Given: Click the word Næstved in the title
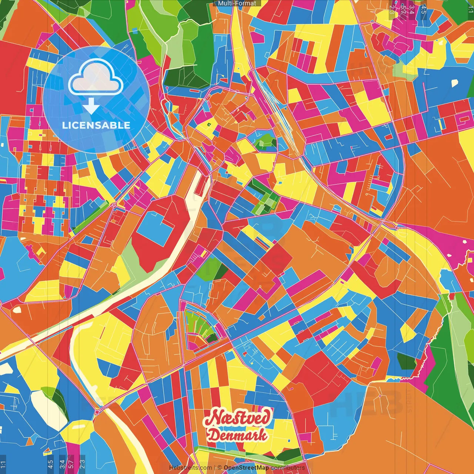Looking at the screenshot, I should coord(238,418).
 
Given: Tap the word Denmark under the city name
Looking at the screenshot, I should coord(237,435).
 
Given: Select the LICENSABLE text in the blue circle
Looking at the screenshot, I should coord(96,125).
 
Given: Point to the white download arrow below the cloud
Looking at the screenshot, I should coord(91,107).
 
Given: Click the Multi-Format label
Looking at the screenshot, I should coord(237,3).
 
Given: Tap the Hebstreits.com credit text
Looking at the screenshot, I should coord(190,468).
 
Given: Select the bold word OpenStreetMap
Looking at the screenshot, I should coord(246,468).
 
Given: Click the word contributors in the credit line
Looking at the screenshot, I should coord(288,468).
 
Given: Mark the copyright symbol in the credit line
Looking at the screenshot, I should coord(219,468).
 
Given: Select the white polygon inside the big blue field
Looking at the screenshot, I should coord(455,83).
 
